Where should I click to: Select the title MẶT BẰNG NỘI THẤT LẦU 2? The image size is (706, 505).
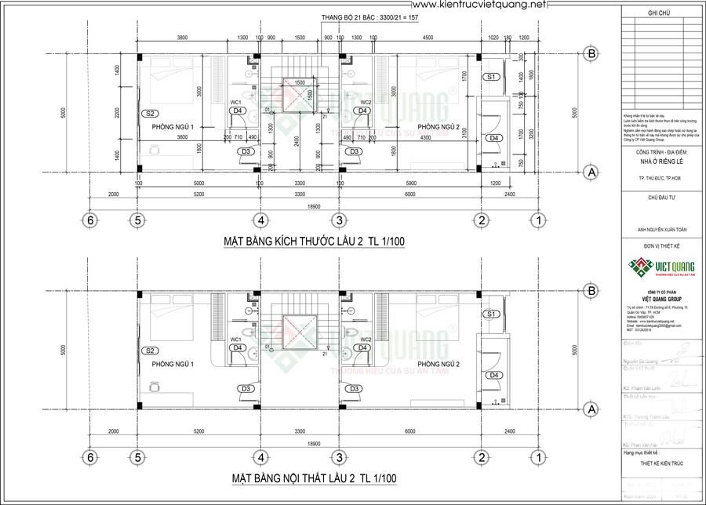314,478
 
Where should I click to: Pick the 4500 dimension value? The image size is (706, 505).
406,38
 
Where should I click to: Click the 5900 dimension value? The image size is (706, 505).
406,183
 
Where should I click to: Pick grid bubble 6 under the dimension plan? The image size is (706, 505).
91,220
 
